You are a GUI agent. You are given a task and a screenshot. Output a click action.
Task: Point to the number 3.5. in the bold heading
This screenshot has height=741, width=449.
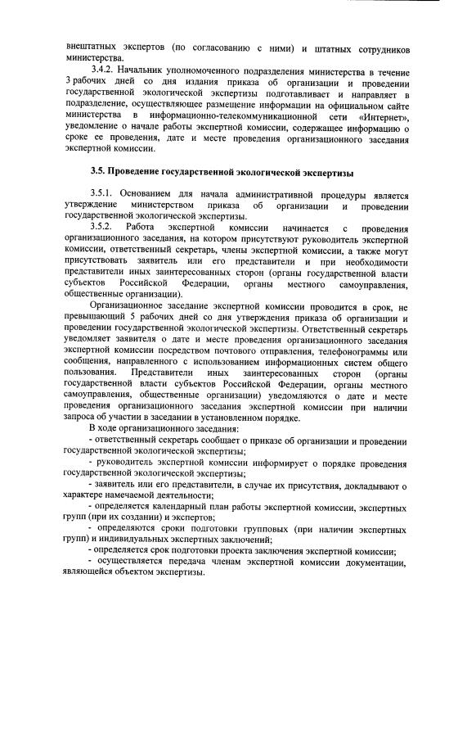[100, 173]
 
